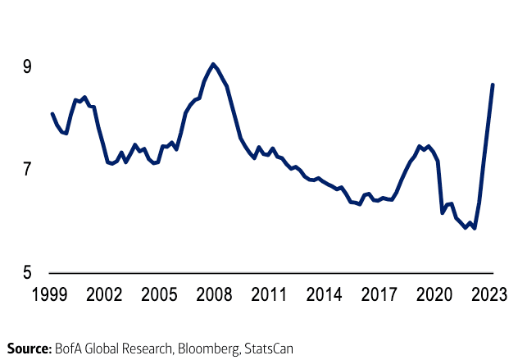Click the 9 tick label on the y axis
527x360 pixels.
pos(27,66)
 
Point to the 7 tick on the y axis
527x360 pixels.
pos(27,170)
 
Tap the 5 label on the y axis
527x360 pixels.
pos(27,272)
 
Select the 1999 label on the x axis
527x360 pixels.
pos(52,294)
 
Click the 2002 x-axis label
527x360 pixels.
pos(104,294)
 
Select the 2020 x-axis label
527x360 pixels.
pos(436,294)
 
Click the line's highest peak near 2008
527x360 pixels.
pos(213,64)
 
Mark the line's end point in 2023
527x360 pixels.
pos(493,84)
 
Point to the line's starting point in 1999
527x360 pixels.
pos(52,114)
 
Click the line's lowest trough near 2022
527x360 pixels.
pos(475,228)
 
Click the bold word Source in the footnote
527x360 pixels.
pos(30,349)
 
